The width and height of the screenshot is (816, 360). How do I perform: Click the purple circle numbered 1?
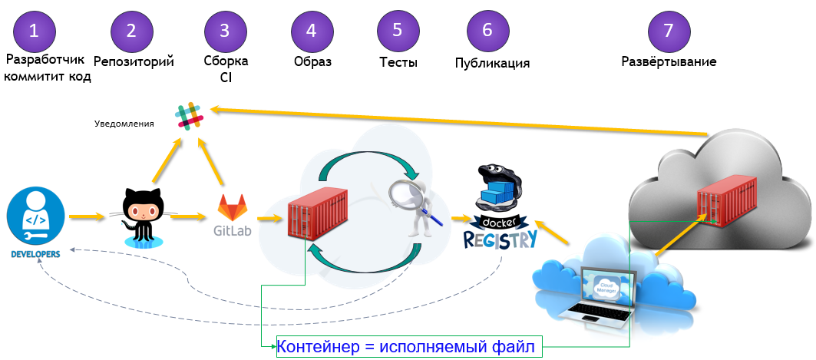pos(34,31)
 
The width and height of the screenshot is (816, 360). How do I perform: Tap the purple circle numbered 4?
pos(312,31)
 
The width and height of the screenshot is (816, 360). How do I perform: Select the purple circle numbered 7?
pos(669,31)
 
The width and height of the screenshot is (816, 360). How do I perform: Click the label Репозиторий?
pos(134,61)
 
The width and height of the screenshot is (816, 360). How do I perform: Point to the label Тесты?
pos(398,62)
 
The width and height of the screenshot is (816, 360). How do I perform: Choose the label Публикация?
pos(492,63)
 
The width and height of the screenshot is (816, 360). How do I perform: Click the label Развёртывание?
pos(669,61)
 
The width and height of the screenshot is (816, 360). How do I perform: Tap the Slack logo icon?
pos(190,116)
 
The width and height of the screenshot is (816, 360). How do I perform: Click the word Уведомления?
pos(124,123)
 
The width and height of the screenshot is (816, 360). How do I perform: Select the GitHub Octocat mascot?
pos(143,216)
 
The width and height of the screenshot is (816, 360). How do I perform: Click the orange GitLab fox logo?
pos(233,208)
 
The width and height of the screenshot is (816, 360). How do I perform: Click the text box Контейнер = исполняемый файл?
pos(409,347)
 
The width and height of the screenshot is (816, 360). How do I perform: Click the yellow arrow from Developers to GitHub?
pos(85,217)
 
